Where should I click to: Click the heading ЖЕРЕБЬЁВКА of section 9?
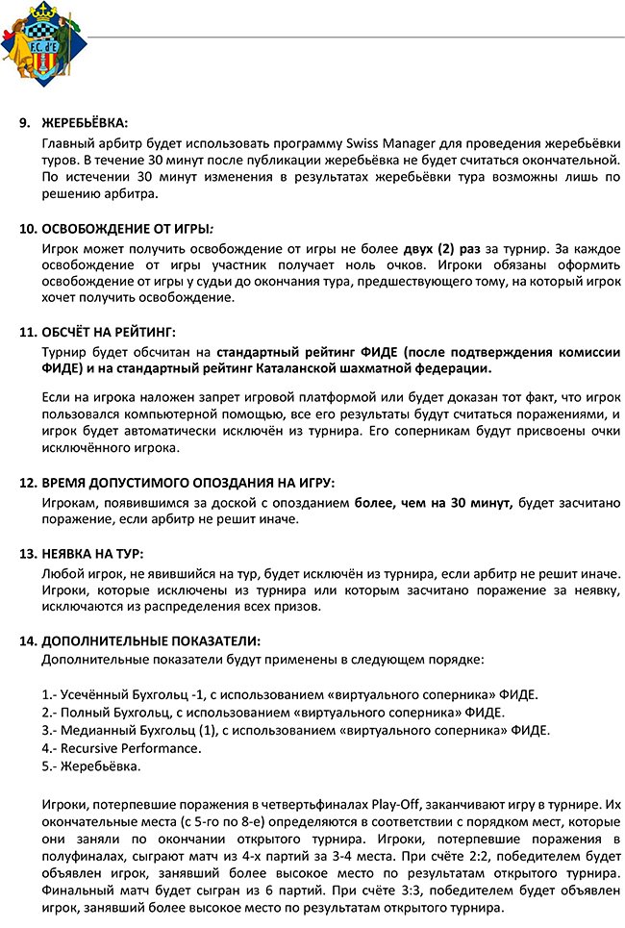click(84, 123)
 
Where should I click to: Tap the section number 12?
click(27, 482)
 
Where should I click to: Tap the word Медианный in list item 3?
click(99, 730)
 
